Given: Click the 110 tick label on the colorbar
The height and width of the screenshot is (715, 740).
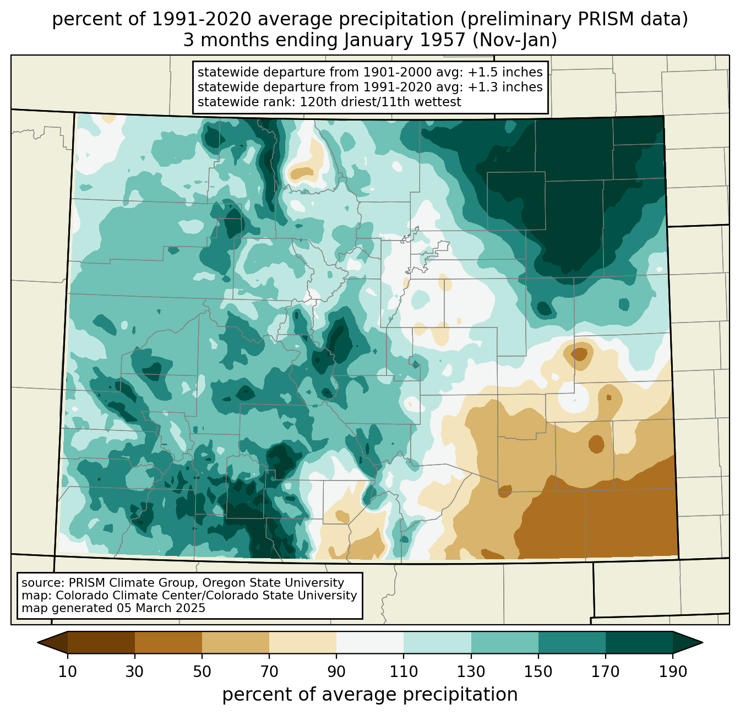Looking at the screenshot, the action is click(404, 672).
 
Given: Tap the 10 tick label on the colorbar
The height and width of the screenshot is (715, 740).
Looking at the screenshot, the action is click(67, 672).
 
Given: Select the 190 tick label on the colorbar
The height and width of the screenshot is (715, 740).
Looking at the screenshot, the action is click(673, 672).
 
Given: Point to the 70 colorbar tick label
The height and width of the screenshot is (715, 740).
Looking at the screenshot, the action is click(269, 672).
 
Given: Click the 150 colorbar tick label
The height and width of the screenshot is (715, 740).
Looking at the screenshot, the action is click(538, 672).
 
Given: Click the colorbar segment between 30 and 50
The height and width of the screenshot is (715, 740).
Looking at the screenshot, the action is click(168, 642).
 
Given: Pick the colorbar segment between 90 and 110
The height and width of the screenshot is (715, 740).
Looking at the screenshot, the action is click(370, 642).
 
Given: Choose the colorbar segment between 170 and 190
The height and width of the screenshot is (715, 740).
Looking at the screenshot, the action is click(639, 642).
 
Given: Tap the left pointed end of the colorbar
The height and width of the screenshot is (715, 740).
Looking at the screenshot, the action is click(38, 643).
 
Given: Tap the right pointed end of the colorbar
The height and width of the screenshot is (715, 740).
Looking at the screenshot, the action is click(702, 643).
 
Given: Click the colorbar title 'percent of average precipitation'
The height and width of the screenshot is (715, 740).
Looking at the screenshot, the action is click(369, 694).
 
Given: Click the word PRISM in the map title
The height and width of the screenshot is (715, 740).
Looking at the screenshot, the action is click(602, 19).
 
